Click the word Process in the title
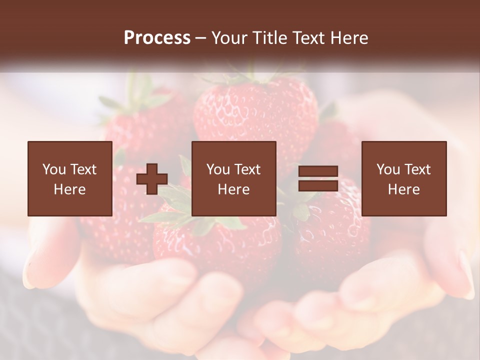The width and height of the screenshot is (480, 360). point(157,38)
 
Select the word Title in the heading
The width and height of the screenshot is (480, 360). point(271,38)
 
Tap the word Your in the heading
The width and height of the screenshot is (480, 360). point(230,38)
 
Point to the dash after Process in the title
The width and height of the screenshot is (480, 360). point(201,38)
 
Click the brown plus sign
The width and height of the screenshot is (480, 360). point(152,179)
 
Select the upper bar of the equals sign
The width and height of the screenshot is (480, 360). point(318,171)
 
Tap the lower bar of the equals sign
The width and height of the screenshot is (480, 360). point(318,186)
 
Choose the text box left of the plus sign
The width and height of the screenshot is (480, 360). point(69,178)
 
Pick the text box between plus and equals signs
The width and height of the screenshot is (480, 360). point(233,178)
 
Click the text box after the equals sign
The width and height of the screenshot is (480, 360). point(403,178)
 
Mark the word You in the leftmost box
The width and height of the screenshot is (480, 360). point(53,169)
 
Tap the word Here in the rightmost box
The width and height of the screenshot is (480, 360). point(403,189)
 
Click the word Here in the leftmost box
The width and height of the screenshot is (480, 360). point(69,189)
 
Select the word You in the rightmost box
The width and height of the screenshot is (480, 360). point(388,169)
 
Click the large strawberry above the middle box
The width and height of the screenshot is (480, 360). point(255,112)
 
